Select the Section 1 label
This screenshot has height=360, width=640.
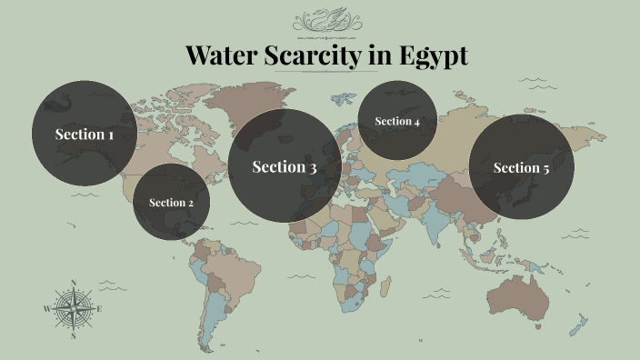pyautogui.click(x=85, y=135)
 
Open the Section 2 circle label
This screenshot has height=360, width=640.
pyautogui.click(x=171, y=203)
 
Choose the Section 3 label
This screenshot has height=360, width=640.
pyautogui.click(x=285, y=166)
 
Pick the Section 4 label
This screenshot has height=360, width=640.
pyautogui.click(x=397, y=122)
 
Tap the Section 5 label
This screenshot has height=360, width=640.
pyautogui.click(x=521, y=167)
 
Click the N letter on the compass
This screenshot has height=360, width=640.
pyautogui.click(x=73, y=282)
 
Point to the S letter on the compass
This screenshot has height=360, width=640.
pyautogui.click(x=73, y=335)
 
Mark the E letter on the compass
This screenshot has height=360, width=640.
pyautogui.click(x=99, y=309)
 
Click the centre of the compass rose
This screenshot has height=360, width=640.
pyautogui.click(x=73, y=309)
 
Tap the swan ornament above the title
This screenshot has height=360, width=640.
pyautogui.click(x=326, y=19)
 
